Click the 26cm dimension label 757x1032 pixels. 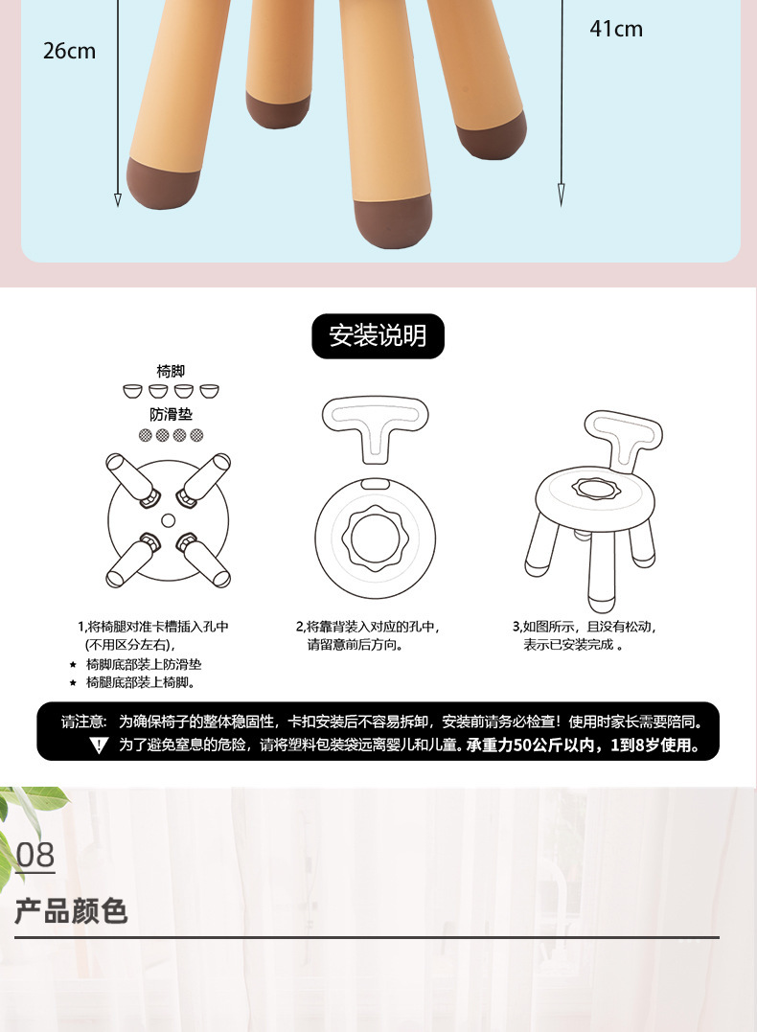[x=69, y=51]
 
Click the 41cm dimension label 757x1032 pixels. [x=615, y=29]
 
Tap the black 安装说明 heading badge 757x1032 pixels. [x=378, y=335]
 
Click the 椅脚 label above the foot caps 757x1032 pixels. [x=171, y=371]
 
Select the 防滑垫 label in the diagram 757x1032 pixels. [x=171, y=414]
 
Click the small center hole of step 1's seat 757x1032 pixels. [x=169, y=519]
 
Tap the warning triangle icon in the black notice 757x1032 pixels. [x=99, y=745]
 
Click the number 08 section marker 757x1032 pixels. [x=35, y=854]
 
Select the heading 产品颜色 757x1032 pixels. [x=71, y=910]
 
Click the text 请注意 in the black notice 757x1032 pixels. [x=83, y=722]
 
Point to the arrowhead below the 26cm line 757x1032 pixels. [x=118, y=199]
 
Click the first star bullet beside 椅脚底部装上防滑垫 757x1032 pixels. [x=73, y=664]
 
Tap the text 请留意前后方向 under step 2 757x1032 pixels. [x=355, y=645]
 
